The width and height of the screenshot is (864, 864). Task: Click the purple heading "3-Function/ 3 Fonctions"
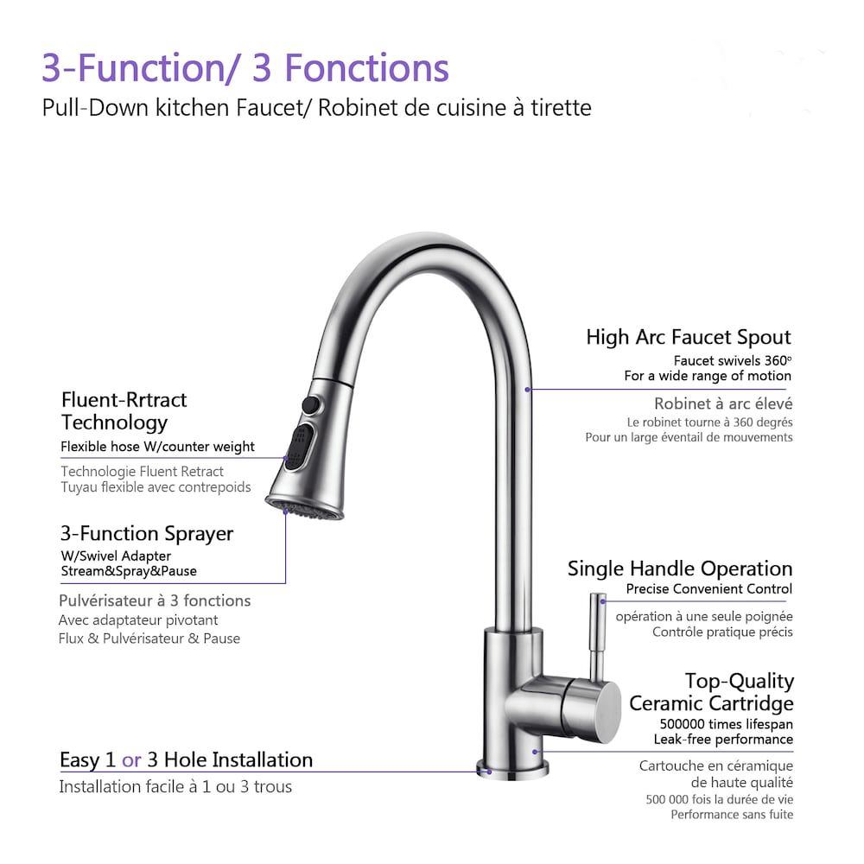(245, 67)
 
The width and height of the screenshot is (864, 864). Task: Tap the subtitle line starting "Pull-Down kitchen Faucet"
(316, 109)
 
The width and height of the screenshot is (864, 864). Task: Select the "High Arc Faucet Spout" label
(688, 337)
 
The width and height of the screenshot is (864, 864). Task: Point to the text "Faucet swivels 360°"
(732, 360)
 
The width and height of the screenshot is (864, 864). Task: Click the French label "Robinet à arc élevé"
(723, 403)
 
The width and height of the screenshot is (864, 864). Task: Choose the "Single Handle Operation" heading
(679, 569)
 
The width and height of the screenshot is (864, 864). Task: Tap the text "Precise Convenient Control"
(708, 589)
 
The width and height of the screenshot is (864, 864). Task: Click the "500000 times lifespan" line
(726, 724)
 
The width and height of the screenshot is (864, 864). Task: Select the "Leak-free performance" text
(725, 740)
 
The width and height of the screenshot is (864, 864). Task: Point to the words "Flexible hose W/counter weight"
(157, 447)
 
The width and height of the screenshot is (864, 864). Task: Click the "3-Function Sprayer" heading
(146, 533)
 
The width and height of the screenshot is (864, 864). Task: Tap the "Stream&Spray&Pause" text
(128, 571)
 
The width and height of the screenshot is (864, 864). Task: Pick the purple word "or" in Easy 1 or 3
(131, 760)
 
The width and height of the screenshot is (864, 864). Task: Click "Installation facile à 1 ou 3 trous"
(175, 787)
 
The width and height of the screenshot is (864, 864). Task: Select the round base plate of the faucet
(512, 768)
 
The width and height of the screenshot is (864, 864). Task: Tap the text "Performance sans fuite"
(732, 815)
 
